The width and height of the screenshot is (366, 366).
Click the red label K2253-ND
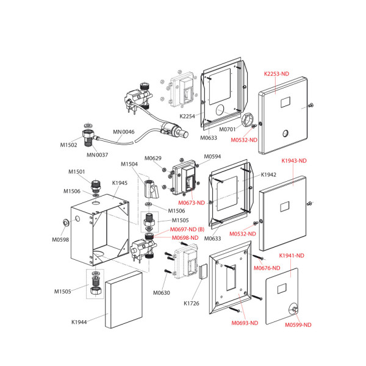pyautogui.click(x=276, y=74)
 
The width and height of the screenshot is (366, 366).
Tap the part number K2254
pyautogui.click(x=187, y=116)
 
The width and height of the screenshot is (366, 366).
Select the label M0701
pyautogui.click(x=228, y=129)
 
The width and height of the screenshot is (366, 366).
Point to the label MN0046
pyautogui.click(x=123, y=132)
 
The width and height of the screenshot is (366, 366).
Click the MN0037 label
pyautogui.click(x=97, y=154)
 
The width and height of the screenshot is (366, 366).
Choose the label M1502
pyautogui.click(x=68, y=145)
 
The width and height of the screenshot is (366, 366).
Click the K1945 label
pyautogui.click(x=120, y=182)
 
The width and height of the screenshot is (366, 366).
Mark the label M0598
pyautogui.click(x=60, y=240)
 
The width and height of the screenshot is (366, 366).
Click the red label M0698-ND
pyautogui.click(x=185, y=237)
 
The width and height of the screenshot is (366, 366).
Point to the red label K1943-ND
pyautogui.click(x=294, y=161)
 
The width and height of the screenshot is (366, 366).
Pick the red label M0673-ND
pyautogui.click(x=192, y=202)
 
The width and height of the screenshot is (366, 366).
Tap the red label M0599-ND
pyautogui.click(x=298, y=325)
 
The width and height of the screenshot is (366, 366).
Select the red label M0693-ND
pyautogui.click(x=245, y=323)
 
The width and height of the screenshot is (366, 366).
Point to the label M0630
pyautogui.click(x=162, y=293)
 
